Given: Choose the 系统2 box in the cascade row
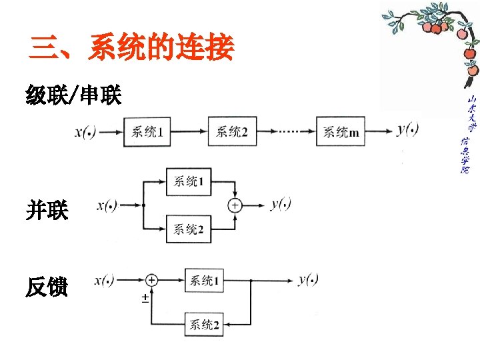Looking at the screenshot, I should [231, 132].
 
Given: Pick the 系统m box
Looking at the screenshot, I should [341, 132].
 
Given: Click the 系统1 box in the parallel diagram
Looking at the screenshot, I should [189, 181].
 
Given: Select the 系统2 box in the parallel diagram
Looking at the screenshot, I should [189, 230].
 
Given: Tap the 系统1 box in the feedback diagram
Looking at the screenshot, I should [204, 281].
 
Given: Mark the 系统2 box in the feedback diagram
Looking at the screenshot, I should [204, 325].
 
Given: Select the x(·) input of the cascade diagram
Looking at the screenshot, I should [85, 132].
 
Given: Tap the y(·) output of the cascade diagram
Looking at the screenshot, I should [407, 130].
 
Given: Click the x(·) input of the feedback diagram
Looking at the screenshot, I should [105, 279].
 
